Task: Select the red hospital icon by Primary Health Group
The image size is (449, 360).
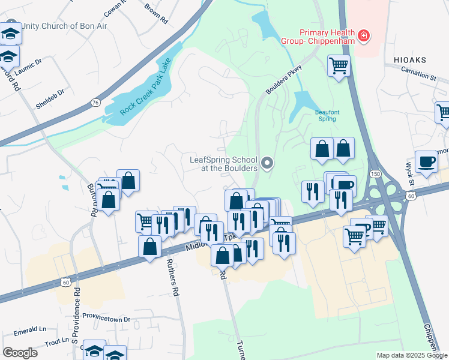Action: [x=363, y=37]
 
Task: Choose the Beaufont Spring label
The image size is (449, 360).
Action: [x=326, y=115]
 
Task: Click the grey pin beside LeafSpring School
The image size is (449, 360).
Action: [x=268, y=163]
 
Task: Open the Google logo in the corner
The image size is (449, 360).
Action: [x=20, y=352]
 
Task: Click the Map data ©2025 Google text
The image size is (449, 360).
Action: [x=411, y=355]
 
